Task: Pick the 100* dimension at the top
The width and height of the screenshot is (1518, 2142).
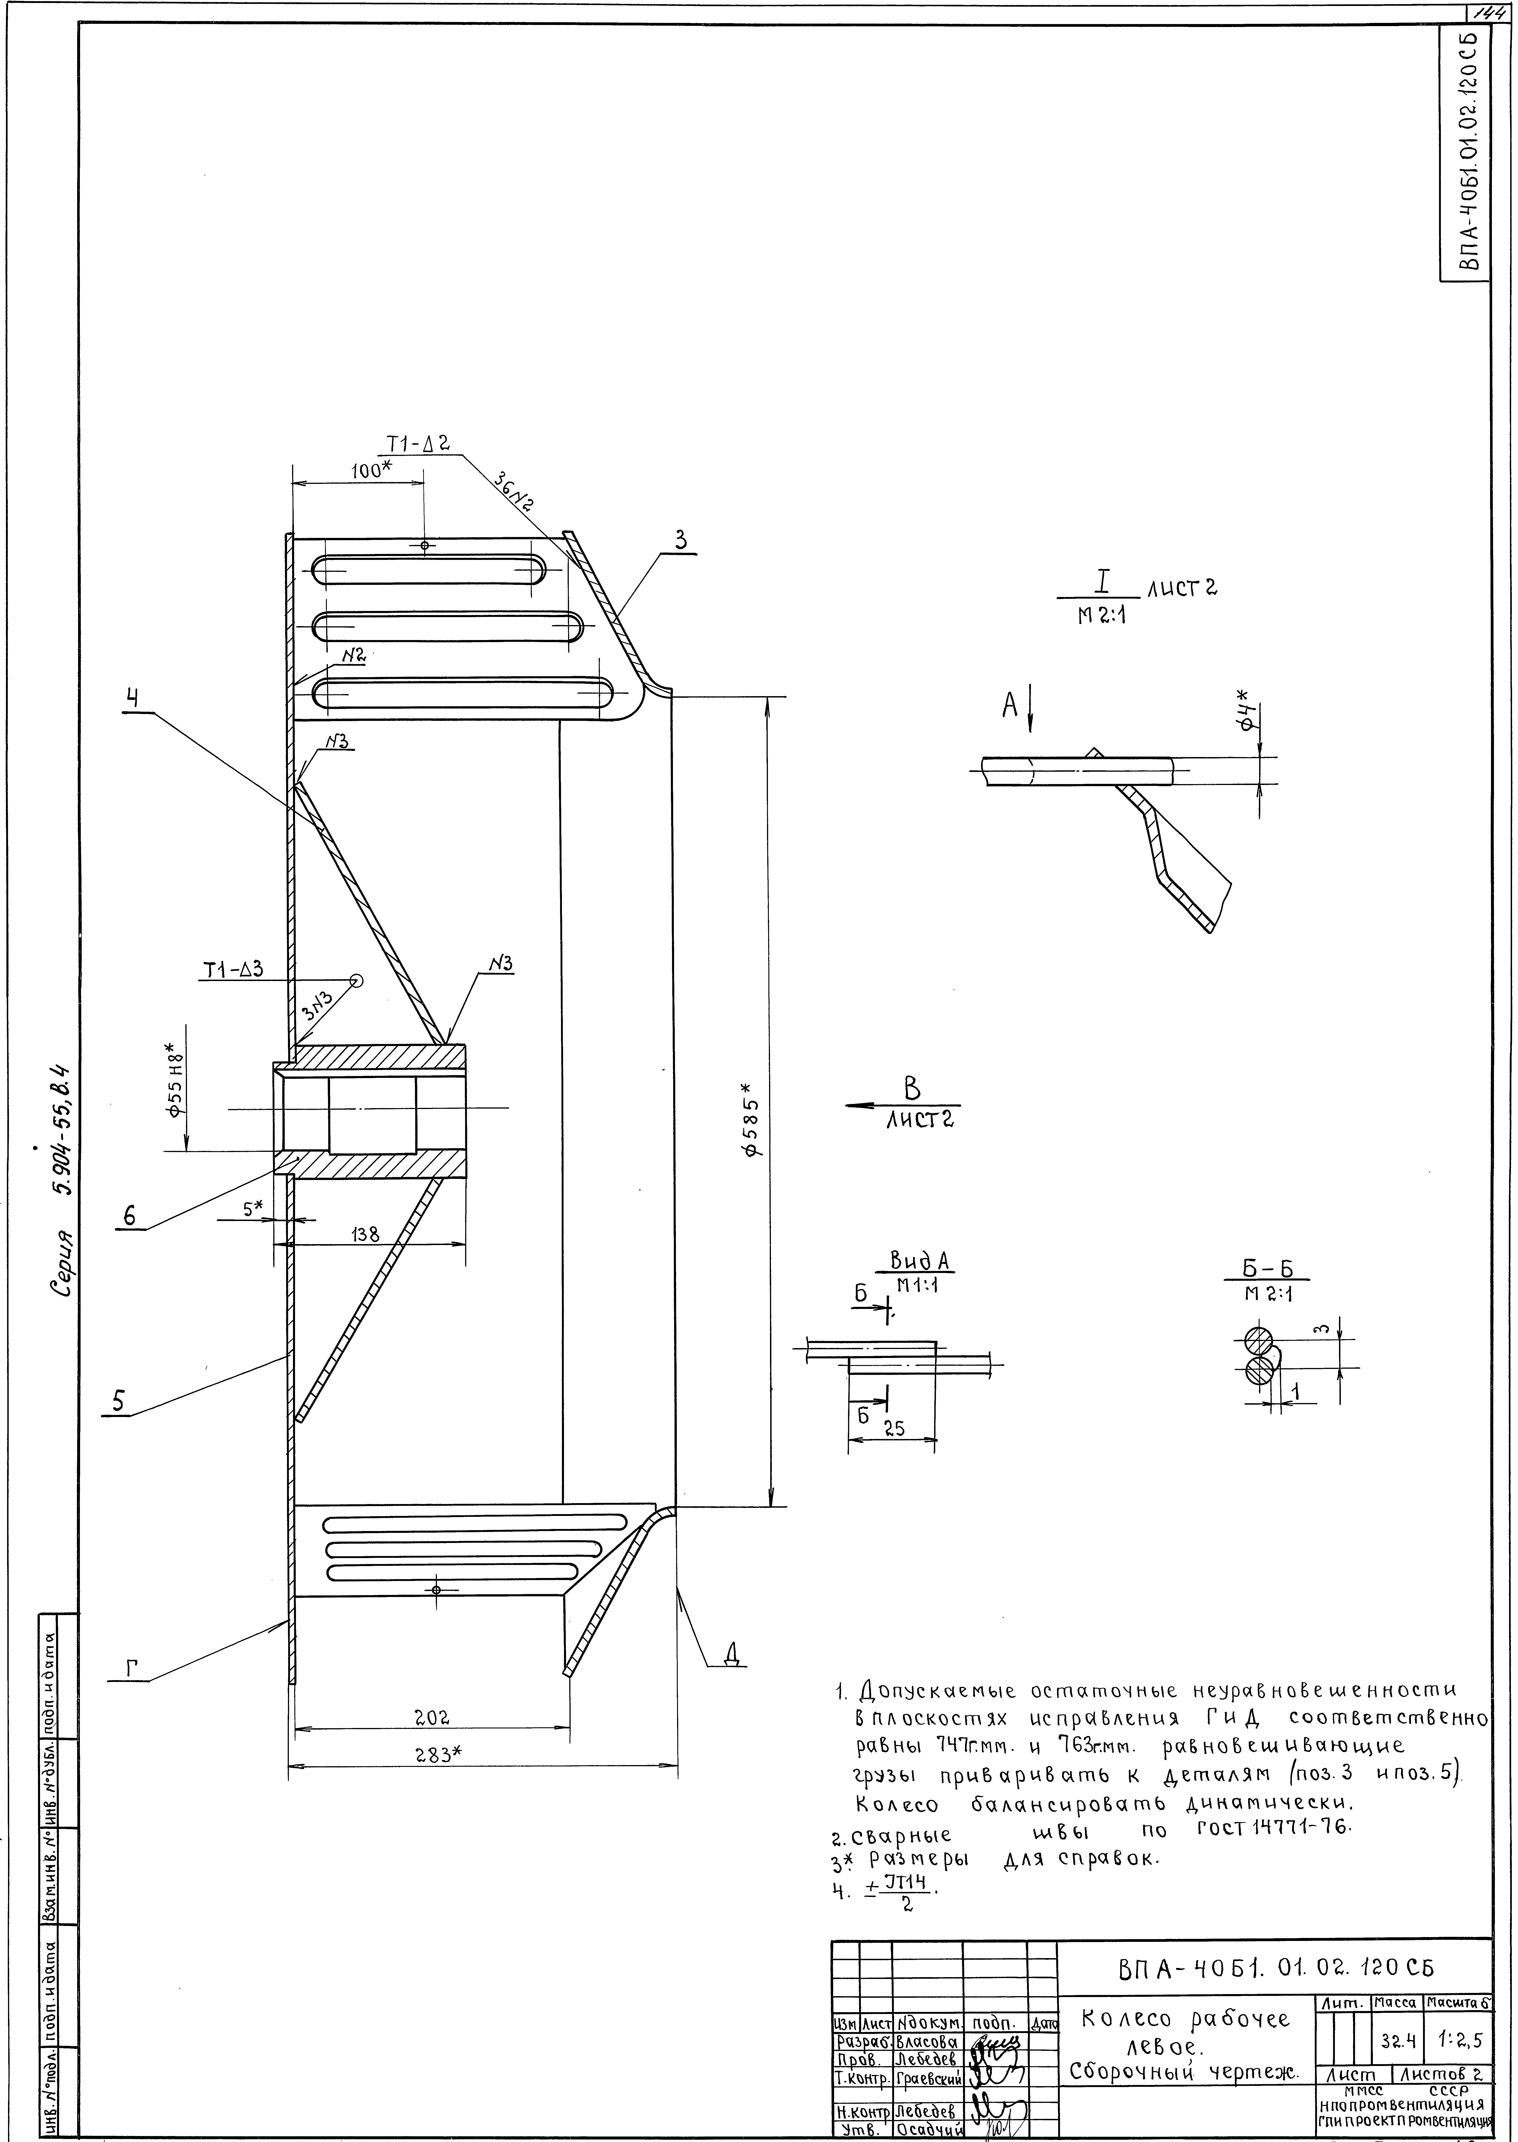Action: click(371, 471)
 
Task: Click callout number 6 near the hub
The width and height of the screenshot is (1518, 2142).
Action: click(129, 1215)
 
